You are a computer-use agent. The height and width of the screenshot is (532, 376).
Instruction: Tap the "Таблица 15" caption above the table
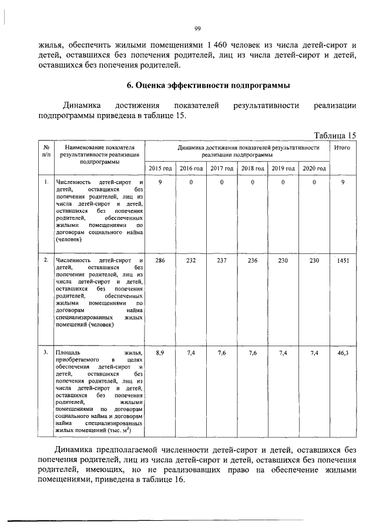pyautogui.click(x=335, y=135)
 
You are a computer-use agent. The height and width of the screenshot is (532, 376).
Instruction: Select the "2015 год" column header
pyautogui.click(x=160, y=168)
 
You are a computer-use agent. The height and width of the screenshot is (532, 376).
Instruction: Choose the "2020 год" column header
pyautogui.click(x=314, y=168)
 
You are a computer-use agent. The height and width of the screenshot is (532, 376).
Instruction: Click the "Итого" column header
pyautogui.click(x=342, y=148)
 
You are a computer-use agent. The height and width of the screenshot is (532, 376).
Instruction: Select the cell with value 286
pyautogui.click(x=160, y=260)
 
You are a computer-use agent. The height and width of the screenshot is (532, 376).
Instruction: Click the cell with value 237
pyautogui.click(x=221, y=260)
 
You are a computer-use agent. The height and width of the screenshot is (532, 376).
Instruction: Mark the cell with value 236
pyautogui.click(x=252, y=260)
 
